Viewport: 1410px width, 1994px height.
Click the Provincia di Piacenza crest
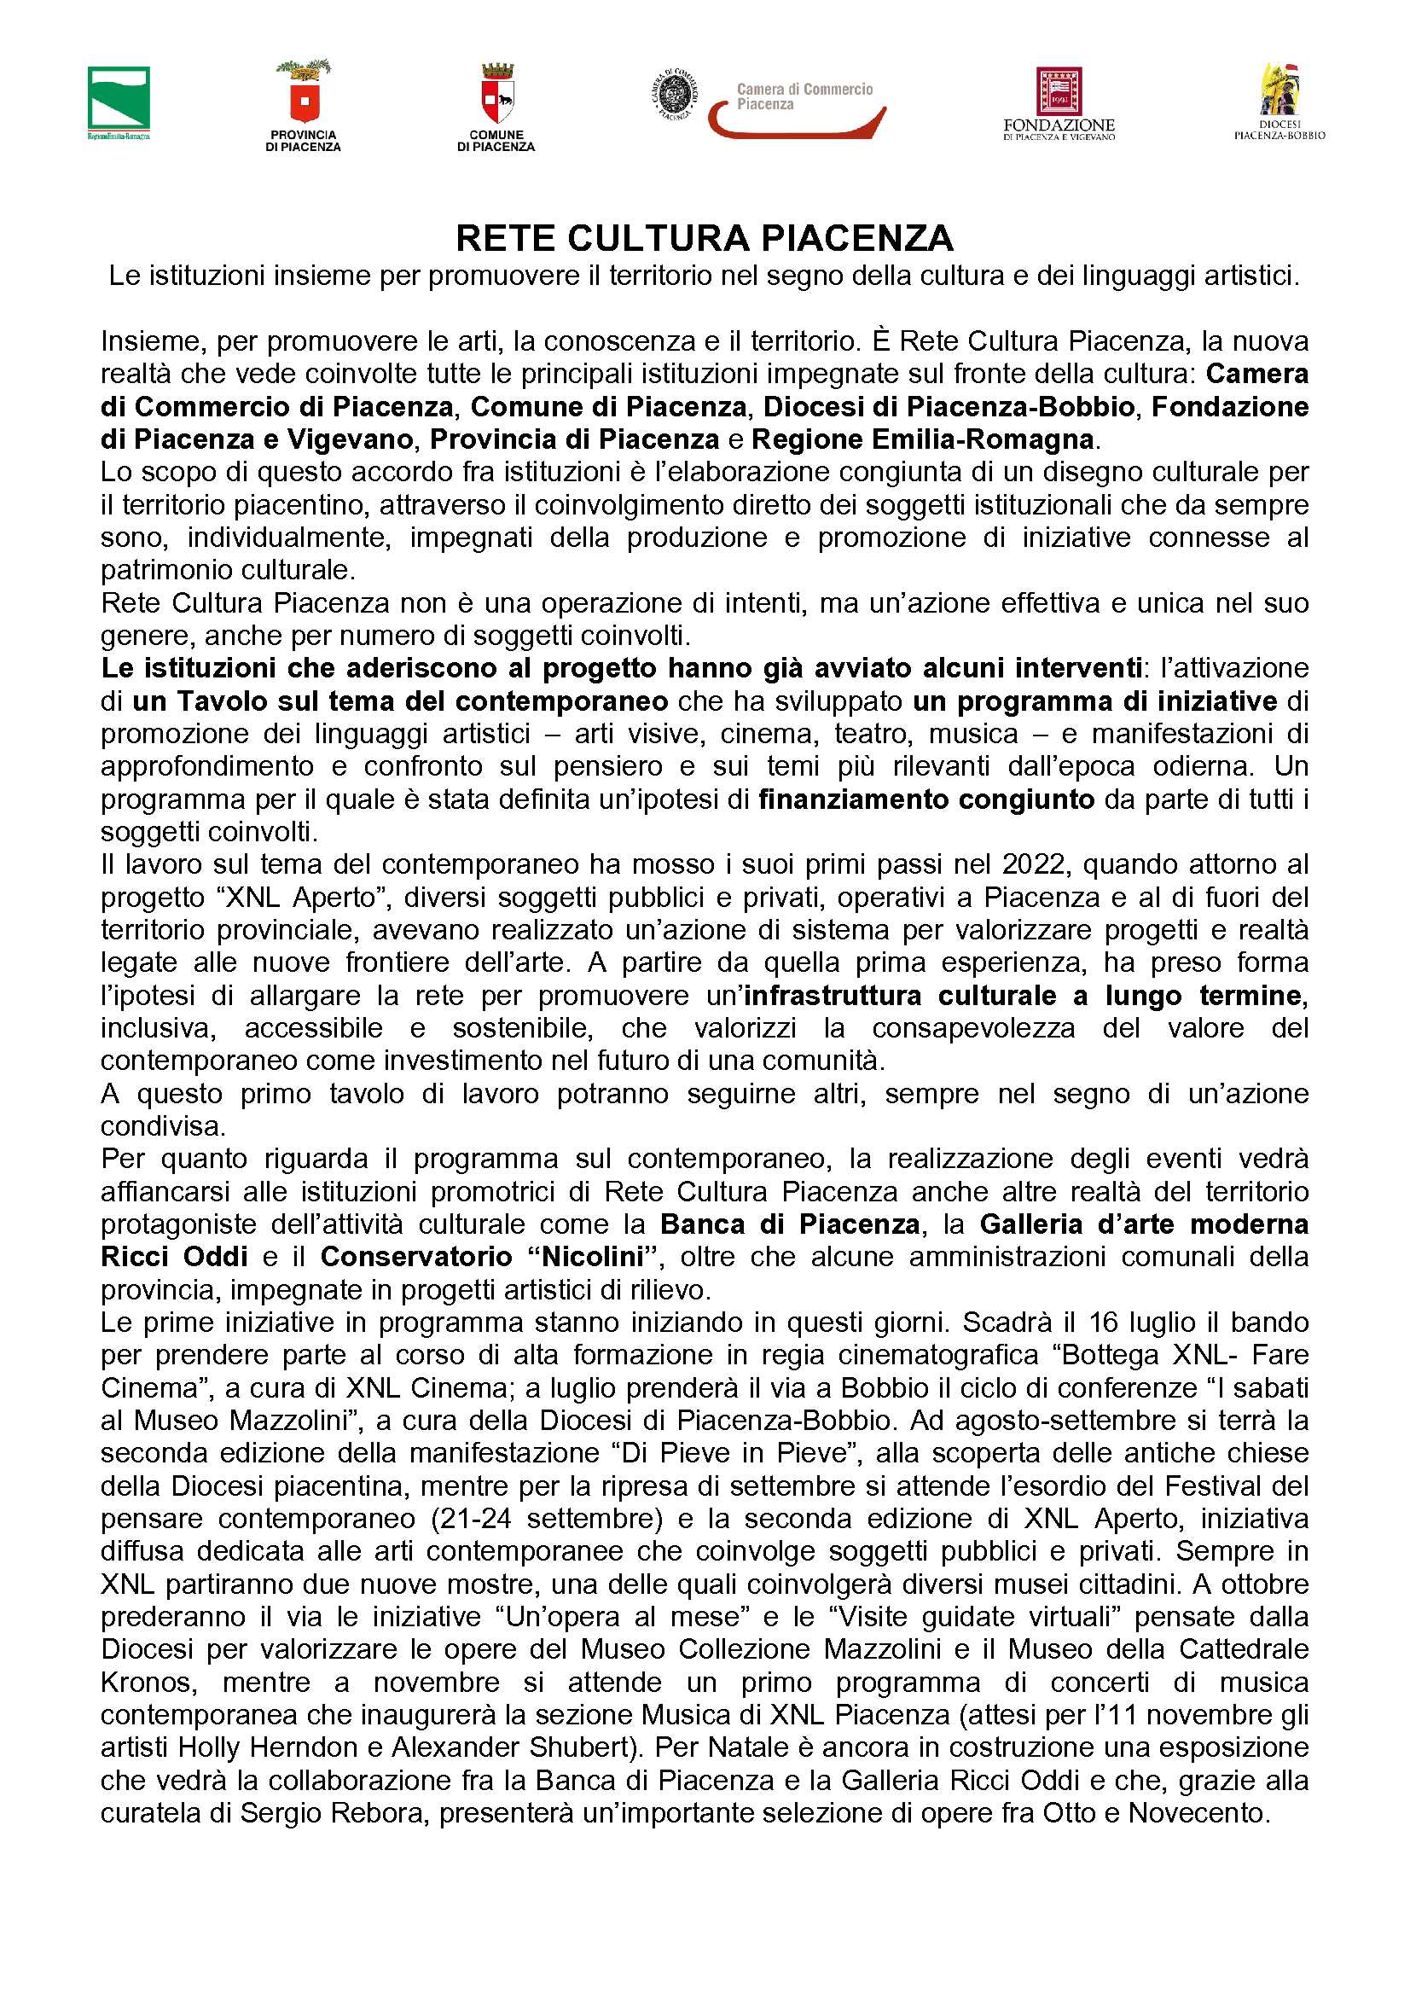tap(303, 91)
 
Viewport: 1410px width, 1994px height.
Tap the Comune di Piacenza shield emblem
tap(496, 93)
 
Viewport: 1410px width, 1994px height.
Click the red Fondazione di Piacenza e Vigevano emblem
tap(1059, 91)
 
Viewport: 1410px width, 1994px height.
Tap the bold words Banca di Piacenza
tap(789, 1224)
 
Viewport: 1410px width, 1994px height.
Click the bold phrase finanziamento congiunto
tap(926, 799)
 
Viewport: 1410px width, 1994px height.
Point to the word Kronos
tap(148, 1683)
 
